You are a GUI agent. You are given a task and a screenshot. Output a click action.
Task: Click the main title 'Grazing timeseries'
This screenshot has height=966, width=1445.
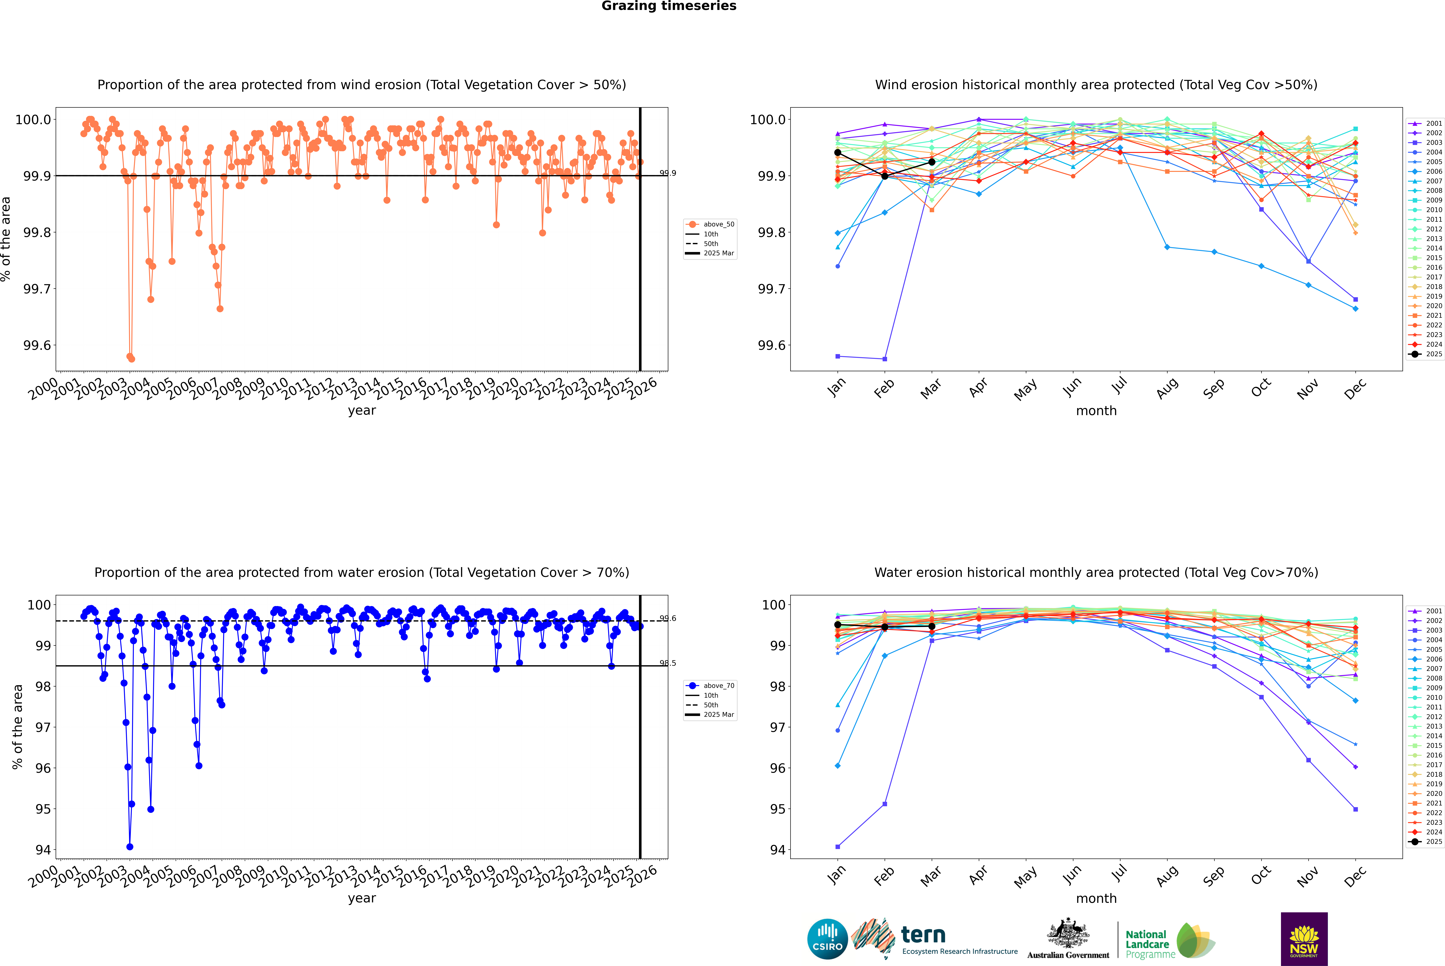tap(669, 6)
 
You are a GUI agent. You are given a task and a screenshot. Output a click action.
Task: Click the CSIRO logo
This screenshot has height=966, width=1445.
tap(827, 939)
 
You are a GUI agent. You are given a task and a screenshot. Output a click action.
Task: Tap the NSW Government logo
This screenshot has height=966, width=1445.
tap(1304, 939)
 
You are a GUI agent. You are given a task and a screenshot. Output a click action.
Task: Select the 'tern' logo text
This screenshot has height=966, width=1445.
tap(923, 935)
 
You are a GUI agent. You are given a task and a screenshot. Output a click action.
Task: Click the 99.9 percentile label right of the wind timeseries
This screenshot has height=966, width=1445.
tap(668, 173)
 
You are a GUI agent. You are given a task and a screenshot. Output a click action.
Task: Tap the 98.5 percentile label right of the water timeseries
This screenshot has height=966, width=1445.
tap(668, 664)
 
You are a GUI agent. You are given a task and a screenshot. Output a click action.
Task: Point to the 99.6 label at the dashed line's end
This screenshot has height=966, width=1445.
tap(668, 618)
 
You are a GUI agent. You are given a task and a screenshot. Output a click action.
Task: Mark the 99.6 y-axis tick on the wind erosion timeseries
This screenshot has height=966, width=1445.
tap(37, 346)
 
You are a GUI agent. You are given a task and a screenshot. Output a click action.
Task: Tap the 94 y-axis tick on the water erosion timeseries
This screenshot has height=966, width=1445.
tap(43, 850)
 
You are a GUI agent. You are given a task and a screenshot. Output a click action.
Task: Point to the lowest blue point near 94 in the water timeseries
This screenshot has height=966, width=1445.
tap(130, 847)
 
